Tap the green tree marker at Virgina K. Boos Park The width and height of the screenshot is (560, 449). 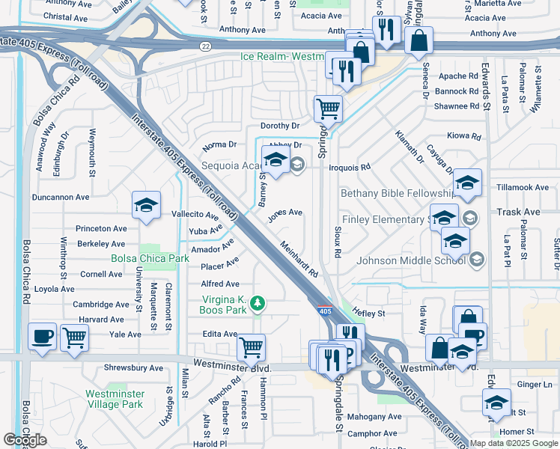(258, 303)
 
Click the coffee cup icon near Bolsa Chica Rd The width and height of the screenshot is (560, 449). (43, 336)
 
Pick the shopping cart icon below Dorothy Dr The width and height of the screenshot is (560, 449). (328, 109)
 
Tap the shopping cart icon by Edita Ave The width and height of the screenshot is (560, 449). (251, 346)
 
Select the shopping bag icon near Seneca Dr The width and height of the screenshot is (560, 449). (419, 40)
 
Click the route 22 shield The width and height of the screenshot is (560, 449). (205, 46)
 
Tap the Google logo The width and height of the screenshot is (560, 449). (25, 440)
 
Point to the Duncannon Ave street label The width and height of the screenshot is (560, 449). (60, 198)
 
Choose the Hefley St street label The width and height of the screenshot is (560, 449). (369, 314)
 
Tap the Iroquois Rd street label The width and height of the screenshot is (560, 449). (350, 168)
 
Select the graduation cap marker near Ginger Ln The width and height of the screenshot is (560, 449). (496, 402)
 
